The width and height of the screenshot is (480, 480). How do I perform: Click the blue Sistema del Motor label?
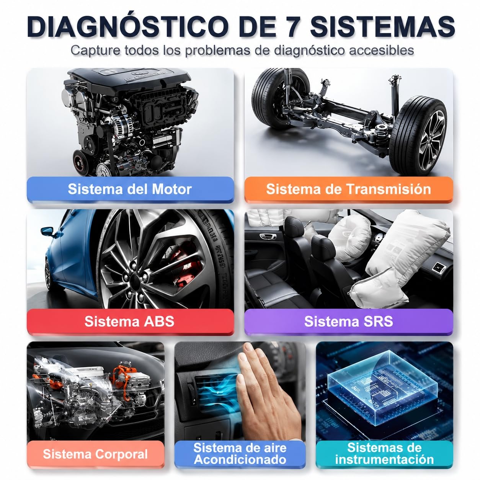tap(130, 189)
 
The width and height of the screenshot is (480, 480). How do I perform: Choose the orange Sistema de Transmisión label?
tap(348, 189)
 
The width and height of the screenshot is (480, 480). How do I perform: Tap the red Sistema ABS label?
tap(130, 321)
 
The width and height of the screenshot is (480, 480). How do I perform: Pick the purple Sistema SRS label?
tap(348, 321)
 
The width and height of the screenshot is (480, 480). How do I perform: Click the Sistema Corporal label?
tap(95, 454)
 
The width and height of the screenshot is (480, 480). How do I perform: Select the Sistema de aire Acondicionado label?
tap(240, 454)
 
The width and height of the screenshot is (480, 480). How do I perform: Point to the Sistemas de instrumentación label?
tap(384, 454)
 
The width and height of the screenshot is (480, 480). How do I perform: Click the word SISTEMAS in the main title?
tap(382, 26)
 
